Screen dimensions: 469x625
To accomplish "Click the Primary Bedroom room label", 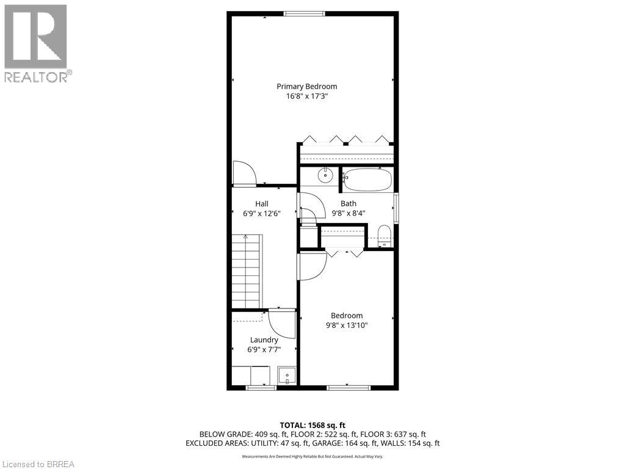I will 306,86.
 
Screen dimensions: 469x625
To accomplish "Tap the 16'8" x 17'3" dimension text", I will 306,96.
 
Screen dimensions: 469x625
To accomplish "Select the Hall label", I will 261,203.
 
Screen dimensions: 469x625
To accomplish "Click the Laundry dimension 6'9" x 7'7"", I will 264,349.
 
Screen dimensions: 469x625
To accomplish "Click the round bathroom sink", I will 325,176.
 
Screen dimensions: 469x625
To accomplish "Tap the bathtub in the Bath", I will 367,180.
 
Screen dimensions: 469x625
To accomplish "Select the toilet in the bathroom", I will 384,235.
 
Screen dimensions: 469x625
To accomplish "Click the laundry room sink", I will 286,374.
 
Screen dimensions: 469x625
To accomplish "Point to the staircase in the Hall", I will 246,272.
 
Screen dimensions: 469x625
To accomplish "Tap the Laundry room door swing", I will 282,324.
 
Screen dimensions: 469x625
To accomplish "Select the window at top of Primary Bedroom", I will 303,13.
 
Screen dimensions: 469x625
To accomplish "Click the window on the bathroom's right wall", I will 396,208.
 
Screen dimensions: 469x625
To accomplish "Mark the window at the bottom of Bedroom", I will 348,387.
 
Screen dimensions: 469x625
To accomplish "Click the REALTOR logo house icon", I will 35,37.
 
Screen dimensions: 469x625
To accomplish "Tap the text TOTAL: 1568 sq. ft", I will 312,425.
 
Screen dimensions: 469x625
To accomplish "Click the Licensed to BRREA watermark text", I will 38,464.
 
